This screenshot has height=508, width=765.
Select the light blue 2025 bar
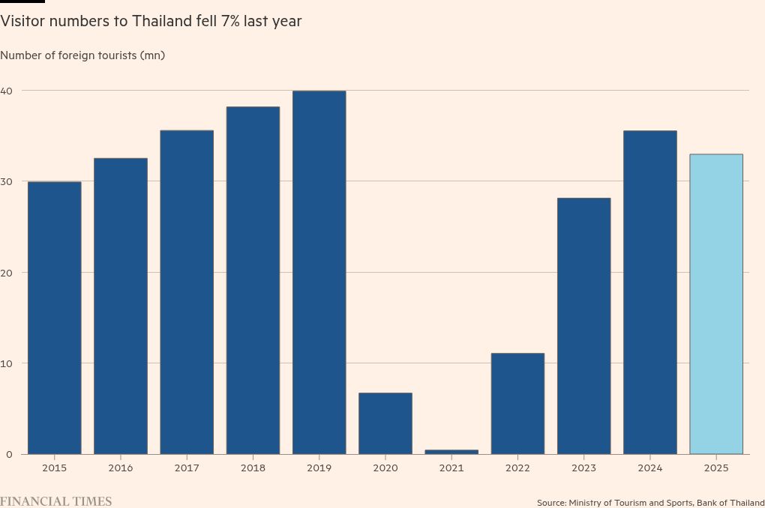coord(715,303)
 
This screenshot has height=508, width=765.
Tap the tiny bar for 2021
coord(451,452)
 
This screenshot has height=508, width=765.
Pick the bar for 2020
coord(385,423)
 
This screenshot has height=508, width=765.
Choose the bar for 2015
coord(54,318)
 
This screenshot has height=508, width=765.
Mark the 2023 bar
coord(583,326)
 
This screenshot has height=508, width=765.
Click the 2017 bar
coord(187,292)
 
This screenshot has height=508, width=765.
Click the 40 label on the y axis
coord(7,91)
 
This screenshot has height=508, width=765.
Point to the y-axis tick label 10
coord(7,363)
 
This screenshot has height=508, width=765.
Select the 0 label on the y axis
coord(9,454)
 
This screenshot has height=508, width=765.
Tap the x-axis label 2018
coord(253,468)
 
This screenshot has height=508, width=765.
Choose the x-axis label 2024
coord(649,468)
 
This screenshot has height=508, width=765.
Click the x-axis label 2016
coord(120,468)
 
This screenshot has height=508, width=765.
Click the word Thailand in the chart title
coord(162,21)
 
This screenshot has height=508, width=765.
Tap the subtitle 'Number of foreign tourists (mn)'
coord(82,55)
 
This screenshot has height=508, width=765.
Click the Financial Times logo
coord(55,501)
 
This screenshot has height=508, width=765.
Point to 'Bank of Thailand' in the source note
coord(730,503)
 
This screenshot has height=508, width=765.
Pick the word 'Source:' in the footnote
coord(551,503)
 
